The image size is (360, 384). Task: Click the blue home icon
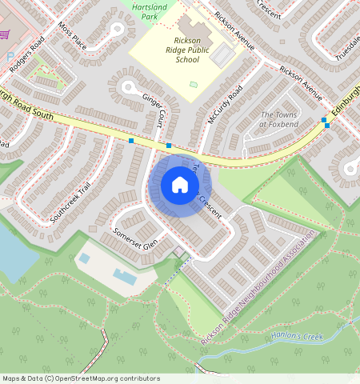(180, 186)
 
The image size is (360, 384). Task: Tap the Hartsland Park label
(144, 11)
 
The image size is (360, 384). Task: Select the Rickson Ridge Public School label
(175, 49)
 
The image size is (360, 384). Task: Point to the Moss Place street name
(72, 36)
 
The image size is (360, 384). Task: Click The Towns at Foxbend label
(279, 120)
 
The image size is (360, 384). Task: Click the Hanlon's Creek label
(297, 337)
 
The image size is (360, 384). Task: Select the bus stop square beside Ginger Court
(169, 146)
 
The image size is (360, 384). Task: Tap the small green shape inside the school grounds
(192, 83)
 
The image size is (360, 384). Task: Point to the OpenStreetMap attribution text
(81, 378)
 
